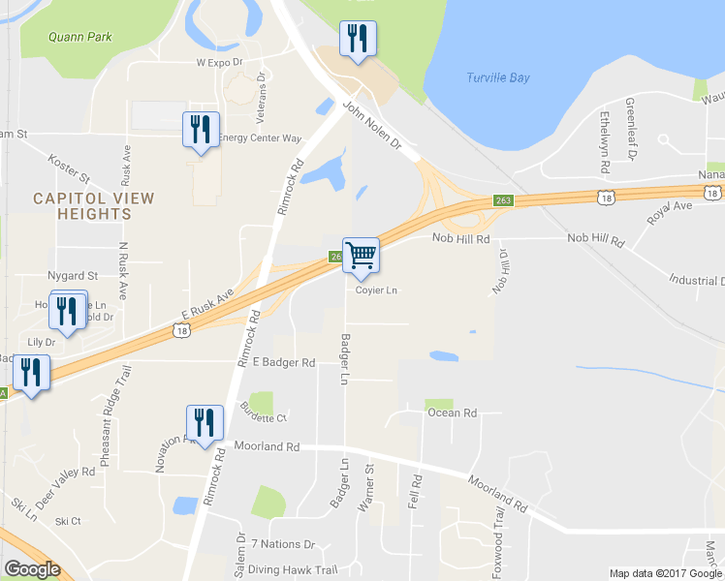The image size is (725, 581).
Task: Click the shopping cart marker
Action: coord(361,255)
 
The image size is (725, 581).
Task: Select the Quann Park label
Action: coord(79,38)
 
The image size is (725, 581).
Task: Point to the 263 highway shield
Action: coord(502,200)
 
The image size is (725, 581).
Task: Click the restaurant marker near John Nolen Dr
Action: coord(358,39)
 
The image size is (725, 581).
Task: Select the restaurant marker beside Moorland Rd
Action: coord(205,423)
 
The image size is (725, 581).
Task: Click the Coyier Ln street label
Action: coord(376,290)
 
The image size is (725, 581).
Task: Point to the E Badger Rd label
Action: coord(284,363)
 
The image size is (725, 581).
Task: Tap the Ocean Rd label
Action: coord(453,413)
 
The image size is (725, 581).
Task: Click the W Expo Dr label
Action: coord(217,62)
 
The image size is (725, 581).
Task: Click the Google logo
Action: coord(32,570)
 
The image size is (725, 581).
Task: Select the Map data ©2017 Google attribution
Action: coord(665,573)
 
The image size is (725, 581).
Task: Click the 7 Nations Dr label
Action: coord(283,545)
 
